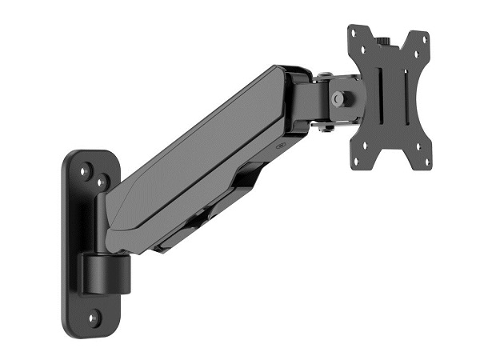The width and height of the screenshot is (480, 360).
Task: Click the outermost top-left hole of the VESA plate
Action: pos(354,34)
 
